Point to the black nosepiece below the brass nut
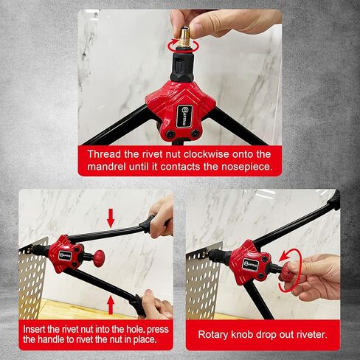[181, 67]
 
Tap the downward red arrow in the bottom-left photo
[111, 218]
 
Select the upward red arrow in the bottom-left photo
[111, 305]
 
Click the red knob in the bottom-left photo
[99, 257]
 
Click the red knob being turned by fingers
[285, 271]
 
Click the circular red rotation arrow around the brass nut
[183, 45]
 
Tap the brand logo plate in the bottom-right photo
[251, 264]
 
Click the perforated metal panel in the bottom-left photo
[32, 278]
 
